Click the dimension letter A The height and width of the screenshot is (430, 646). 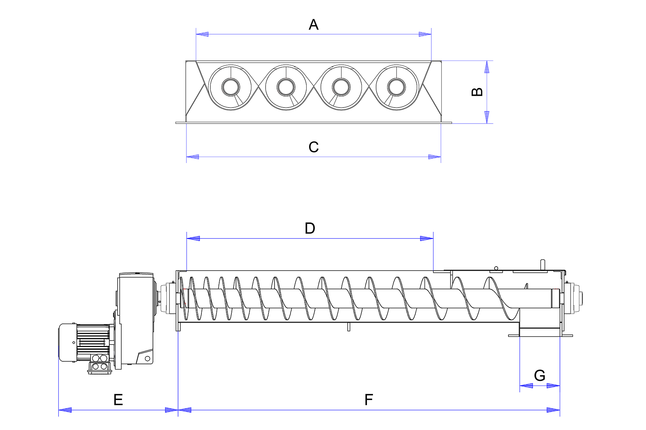point(313,25)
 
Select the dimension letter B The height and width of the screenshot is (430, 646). point(477,92)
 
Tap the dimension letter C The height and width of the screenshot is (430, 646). point(313,147)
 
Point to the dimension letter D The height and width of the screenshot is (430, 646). point(310,228)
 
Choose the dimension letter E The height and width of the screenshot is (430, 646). point(118,400)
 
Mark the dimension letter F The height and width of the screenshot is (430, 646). point(369,400)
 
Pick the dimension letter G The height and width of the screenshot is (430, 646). point(539,376)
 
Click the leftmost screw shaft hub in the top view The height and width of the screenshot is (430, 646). point(231,87)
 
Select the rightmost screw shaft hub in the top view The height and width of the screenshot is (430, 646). point(396,87)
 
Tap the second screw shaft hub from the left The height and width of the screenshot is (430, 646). point(286,87)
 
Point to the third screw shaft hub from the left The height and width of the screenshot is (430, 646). point(341,87)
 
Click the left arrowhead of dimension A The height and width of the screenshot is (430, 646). point(202,34)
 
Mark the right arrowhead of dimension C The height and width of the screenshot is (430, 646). point(435,157)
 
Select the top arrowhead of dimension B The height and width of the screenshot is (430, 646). point(487,67)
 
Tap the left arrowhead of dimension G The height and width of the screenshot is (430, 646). point(526,386)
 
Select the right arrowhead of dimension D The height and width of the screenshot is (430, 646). point(427,238)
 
